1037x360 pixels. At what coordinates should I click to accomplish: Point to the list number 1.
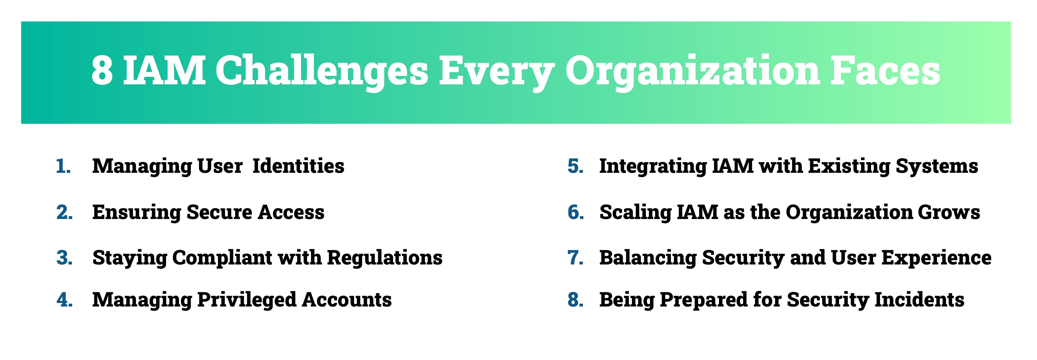click(x=63, y=166)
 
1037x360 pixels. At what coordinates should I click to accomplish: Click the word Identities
click(x=298, y=166)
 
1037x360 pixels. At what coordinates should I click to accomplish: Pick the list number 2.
click(x=64, y=212)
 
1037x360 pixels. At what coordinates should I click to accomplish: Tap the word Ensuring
click(x=137, y=213)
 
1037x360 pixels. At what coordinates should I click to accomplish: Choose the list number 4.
click(x=64, y=300)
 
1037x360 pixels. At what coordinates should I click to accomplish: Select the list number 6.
click(x=576, y=212)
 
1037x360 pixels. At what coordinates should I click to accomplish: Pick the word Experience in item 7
click(x=936, y=258)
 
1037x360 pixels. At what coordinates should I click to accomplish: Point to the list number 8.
click(x=576, y=300)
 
